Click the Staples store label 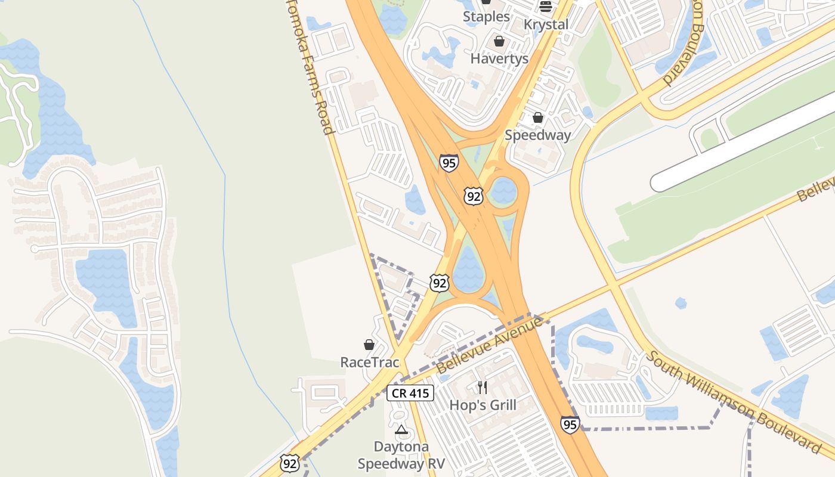pyautogui.click(x=487, y=17)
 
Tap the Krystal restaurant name pyautogui.click(x=546, y=24)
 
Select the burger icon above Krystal pyautogui.click(x=546, y=7)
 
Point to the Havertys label pyautogui.click(x=499, y=58)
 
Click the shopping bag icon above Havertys pyautogui.click(x=499, y=41)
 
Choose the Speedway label pyautogui.click(x=537, y=135)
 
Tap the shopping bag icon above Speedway pyautogui.click(x=537, y=117)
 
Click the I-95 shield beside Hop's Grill pyautogui.click(x=570, y=424)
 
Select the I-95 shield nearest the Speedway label pyautogui.click(x=449, y=163)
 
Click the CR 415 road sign pyautogui.click(x=410, y=393)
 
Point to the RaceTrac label pyautogui.click(x=369, y=362)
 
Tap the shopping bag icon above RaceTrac pyautogui.click(x=369, y=345)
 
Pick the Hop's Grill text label pyautogui.click(x=483, y=405)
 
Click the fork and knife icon pyautogui.click(x=483, y=388)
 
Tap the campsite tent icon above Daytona pyautogui.click(x=401, y=430)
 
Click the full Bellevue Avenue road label pyautogui.click(x=490, y=345)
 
